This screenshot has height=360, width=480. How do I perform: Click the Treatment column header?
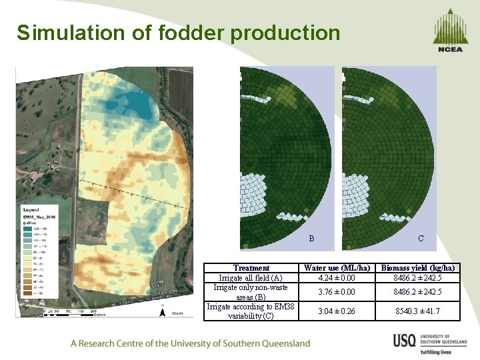pos(251,268)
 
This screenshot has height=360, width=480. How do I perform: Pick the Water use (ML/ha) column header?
pos(336,268)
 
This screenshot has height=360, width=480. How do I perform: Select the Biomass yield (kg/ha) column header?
pos(418,268)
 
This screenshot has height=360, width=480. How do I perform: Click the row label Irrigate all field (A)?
pos(251,278)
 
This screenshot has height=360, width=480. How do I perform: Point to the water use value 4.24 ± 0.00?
pos(336,278)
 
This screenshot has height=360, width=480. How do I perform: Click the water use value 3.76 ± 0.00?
pos(336,292)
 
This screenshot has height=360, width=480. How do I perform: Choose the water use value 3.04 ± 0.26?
pos(336,311)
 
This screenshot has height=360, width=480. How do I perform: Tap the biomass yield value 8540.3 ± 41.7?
pos(418,311)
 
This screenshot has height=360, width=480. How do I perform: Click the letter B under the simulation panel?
pos(311,238)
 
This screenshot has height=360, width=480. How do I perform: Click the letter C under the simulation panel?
pos(421,238)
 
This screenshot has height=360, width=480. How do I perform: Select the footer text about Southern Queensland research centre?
pos(191,343)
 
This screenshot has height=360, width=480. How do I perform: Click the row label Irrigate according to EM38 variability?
pos(251,311)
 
